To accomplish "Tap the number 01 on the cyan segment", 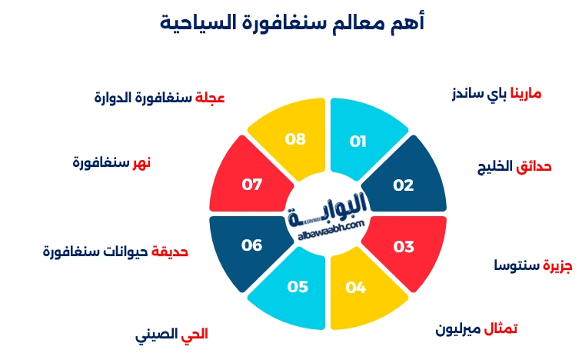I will pyautogui.click(x=358, y=141).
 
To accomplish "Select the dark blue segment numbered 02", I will pyautogui.click(x=404, y=185).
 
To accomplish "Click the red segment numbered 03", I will pyautogui.click(x=404, y=247).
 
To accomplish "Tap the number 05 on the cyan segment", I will pyautogui.click(x=298, y=287).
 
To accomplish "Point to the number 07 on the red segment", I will pyautogui.click(x=252, y=185).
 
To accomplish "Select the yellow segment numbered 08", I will pyautogui.click(x=295, y=139).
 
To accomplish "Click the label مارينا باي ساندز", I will pyautogui.click(x=496, y=94).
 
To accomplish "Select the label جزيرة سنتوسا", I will pyautogui.click(x=533, y=265).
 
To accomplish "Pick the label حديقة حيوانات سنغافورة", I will pyautogui.click(x=115, y=252).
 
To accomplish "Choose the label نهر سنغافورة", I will pyautogui.click(x=111, y=162).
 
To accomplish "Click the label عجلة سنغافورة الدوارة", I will pyautogui.click(x=159, y=98).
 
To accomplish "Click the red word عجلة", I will pyautogui.click(x=209, y=98).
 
